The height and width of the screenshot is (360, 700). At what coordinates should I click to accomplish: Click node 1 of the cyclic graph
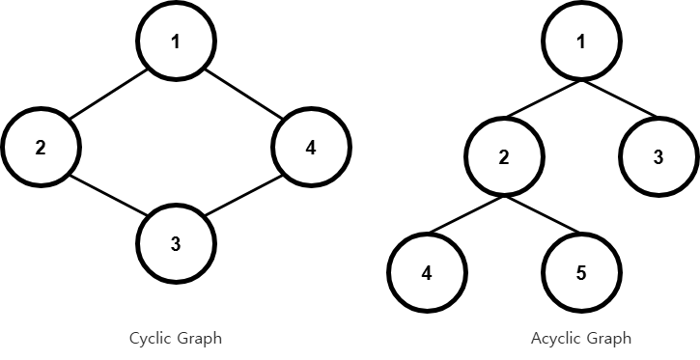pyautogui.click(x=176, y=42)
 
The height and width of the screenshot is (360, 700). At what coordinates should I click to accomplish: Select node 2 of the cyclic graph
pyautogui.click(x=41, y=148)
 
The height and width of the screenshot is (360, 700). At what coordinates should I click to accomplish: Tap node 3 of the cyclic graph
pyautogui.click(x=176, y=244)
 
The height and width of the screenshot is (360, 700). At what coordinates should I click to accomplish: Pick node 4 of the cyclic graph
pyautogui.click(x=311, y=148)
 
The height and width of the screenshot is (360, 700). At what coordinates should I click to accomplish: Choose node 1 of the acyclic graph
pyautogui.click(x=581, y=42)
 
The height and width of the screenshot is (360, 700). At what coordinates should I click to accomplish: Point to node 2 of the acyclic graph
pyautogui.click(x=504, y=157)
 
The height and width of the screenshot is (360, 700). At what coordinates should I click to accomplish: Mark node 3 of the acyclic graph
pyautogui.click(x=658, y=157)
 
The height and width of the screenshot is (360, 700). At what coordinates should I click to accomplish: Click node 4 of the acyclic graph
pyautogui.click(x=427, y=273)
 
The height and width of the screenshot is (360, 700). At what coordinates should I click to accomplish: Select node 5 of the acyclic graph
pyautogui.click(x=581, y=273)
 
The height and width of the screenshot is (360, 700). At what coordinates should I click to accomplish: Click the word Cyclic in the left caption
pyautogui.click(x=150, y=339)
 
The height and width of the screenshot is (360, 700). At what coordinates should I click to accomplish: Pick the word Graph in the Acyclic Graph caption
pyautogui.click(x=608, y=339)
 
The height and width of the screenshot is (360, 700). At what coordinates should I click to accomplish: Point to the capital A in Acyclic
pyautogui.click(x=536, y=338)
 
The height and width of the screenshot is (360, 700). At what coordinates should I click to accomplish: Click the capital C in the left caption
pyautogui.click(x=134, y=338)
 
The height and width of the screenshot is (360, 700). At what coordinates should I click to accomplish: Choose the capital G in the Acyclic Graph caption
pyautogui.click(x=591, y=338)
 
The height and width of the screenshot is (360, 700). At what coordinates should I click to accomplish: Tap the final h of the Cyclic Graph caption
pyautogui.click(x=217, y=338)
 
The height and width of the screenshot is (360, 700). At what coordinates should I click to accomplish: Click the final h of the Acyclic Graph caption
pyautogui.click(x=627, y=338)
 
